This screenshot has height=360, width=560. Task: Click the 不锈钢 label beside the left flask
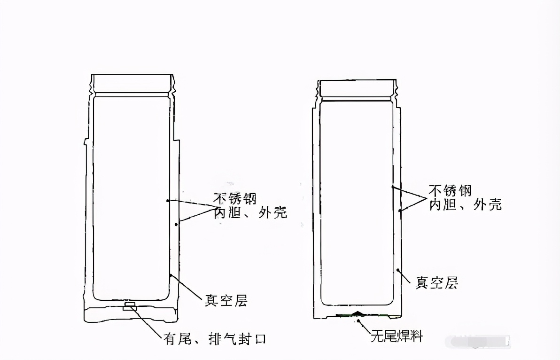pyautogui.click(x=234, y=199)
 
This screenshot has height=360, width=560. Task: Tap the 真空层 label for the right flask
pyautogui.click(x=437, y=283)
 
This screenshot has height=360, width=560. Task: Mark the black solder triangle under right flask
pyautogui.click(x=358, y=313)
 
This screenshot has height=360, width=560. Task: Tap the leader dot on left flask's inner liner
pyautogui.click(x=168, y=201)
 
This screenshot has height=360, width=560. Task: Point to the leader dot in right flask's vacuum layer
pyautogui.click(x=398, y=270)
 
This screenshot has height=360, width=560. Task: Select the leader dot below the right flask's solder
pyautogui.click(x=360, y=321)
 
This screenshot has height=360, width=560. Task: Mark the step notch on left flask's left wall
pyautogui.click(x=85, y=141)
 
